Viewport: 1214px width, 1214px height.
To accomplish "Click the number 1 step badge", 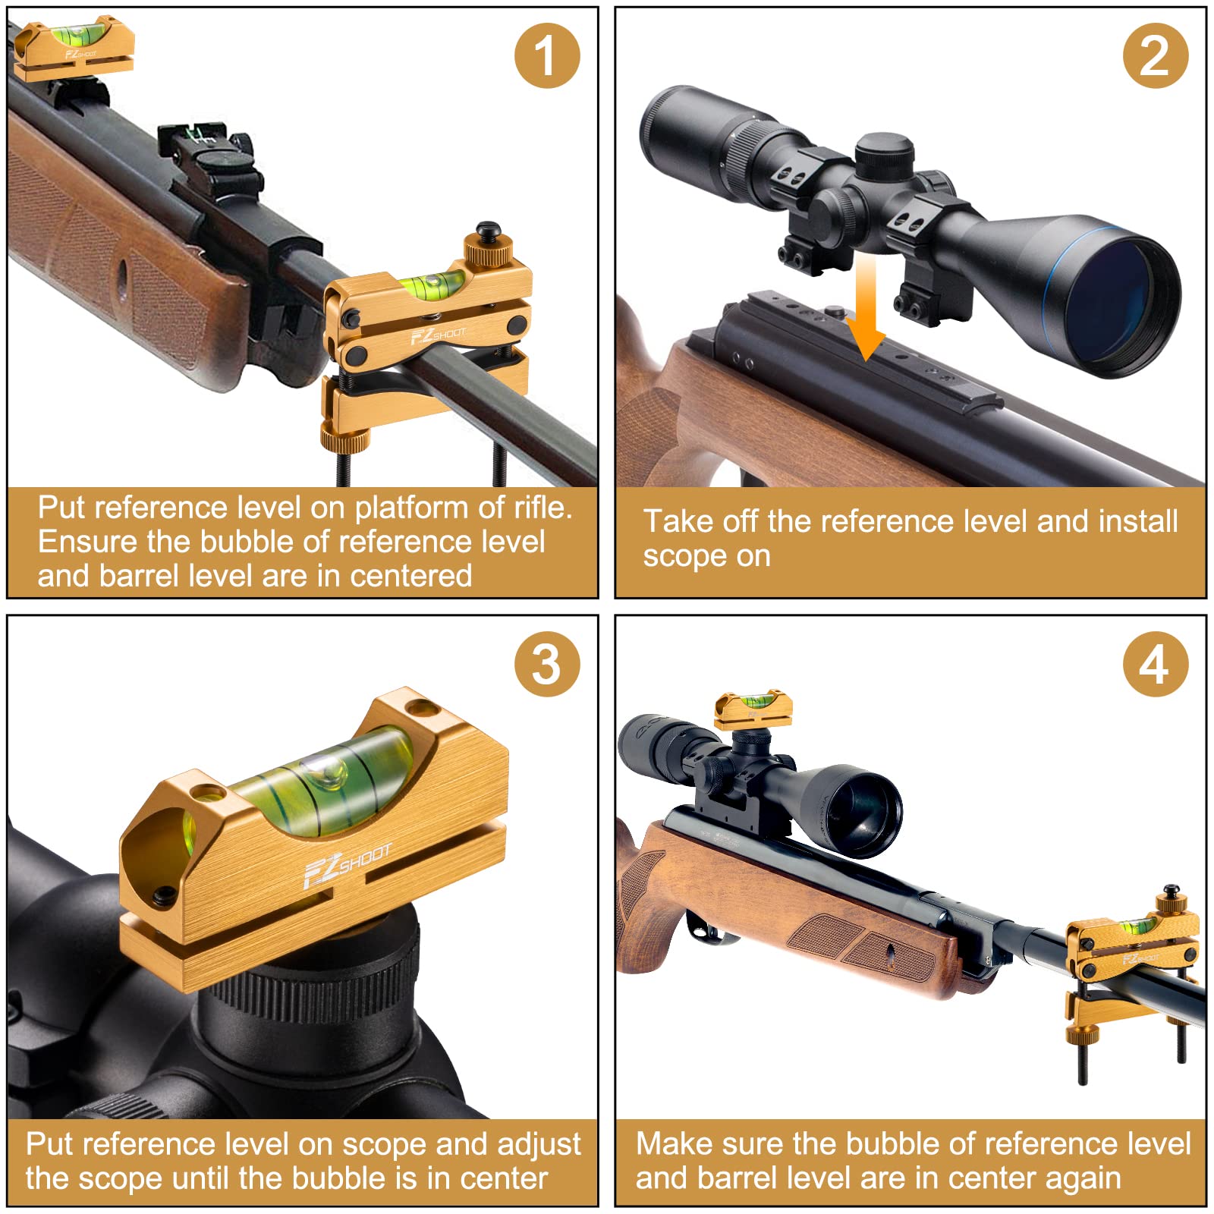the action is [546, 55].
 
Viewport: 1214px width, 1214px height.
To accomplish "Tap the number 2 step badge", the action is [1155, 55].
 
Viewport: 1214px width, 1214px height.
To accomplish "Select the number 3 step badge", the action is [546, 665].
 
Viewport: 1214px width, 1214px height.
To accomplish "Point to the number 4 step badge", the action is [1155, 665].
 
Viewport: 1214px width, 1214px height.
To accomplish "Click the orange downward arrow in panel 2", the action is [866, 307].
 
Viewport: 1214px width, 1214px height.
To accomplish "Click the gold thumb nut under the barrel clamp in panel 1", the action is [345, 436].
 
